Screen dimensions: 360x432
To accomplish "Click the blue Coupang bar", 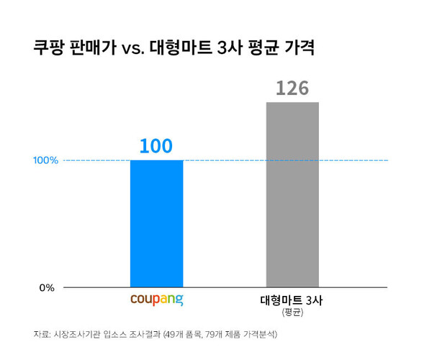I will (156, 223).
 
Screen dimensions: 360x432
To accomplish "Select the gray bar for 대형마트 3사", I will (292, 194).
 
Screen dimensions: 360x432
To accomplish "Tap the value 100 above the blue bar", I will (156, 146).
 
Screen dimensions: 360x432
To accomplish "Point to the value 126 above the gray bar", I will (292, 88).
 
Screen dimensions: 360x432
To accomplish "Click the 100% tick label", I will (45, 160).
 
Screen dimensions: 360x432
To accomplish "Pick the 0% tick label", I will (47, 288).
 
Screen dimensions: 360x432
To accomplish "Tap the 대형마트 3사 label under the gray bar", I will (292, 300).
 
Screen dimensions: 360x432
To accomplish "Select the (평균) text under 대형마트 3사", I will (292, 312).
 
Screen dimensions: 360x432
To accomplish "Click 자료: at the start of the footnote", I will (41, 335).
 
